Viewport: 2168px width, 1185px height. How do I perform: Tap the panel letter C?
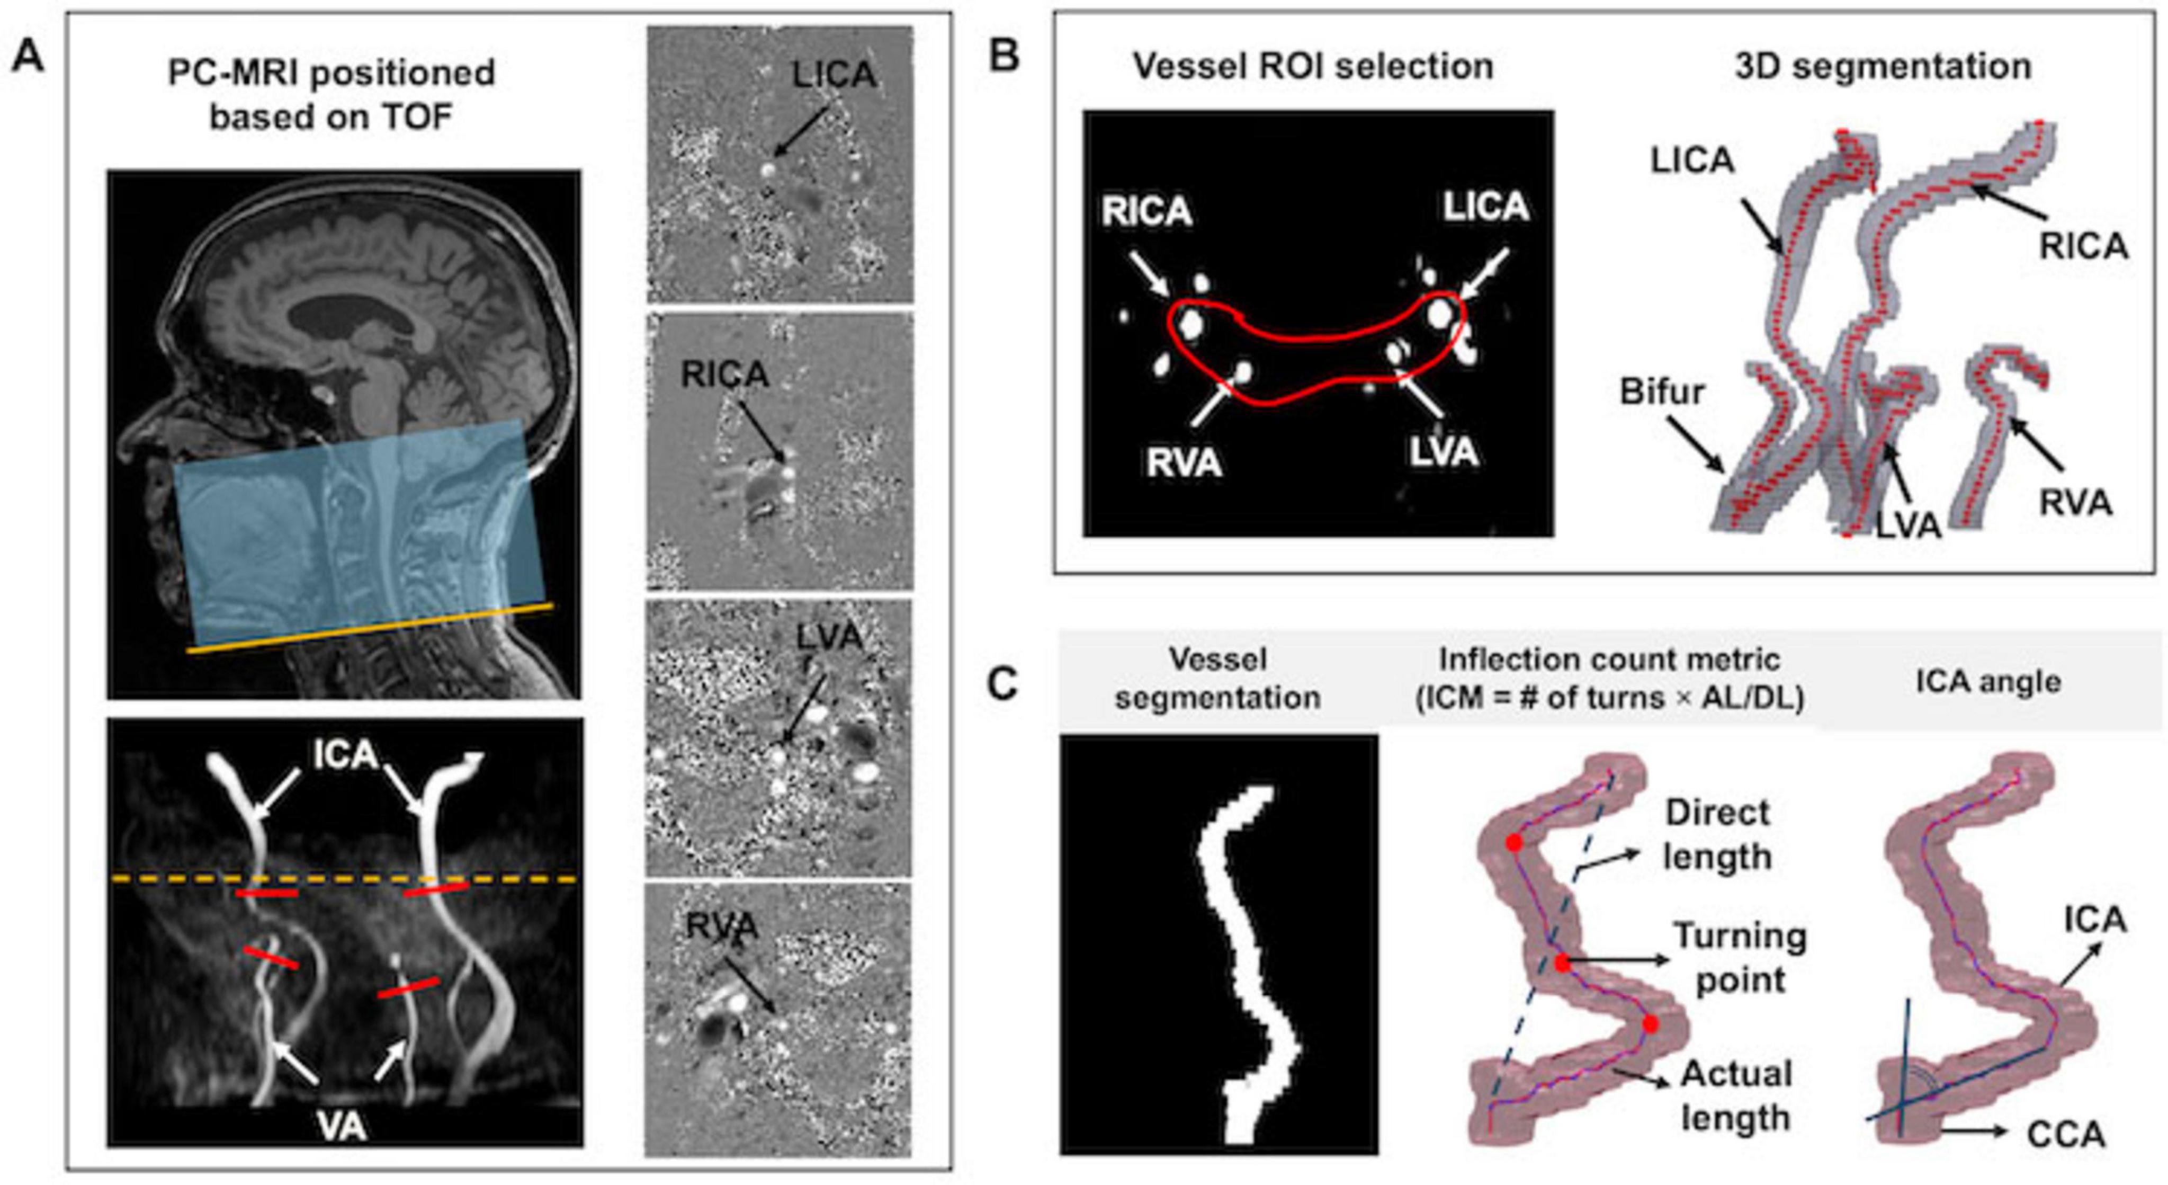[1003, 684]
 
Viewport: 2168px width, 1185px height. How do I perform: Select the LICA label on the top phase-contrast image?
[833, 76]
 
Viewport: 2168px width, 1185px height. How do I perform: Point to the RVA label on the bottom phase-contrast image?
[722, 926]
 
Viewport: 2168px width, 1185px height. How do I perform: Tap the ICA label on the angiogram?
[345, 755]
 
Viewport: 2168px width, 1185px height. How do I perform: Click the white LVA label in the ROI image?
[1444, 452]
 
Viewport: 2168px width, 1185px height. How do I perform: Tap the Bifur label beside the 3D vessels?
[1662, 392]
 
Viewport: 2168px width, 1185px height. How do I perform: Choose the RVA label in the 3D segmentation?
[2075, 503]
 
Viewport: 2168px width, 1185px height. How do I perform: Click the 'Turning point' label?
[1740, 958]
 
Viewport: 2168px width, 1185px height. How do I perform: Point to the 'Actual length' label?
[1735, 1096]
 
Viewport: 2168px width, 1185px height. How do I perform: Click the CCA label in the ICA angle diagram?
[2065, 1135]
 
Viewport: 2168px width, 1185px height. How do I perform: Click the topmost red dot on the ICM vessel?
[1514, 842]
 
